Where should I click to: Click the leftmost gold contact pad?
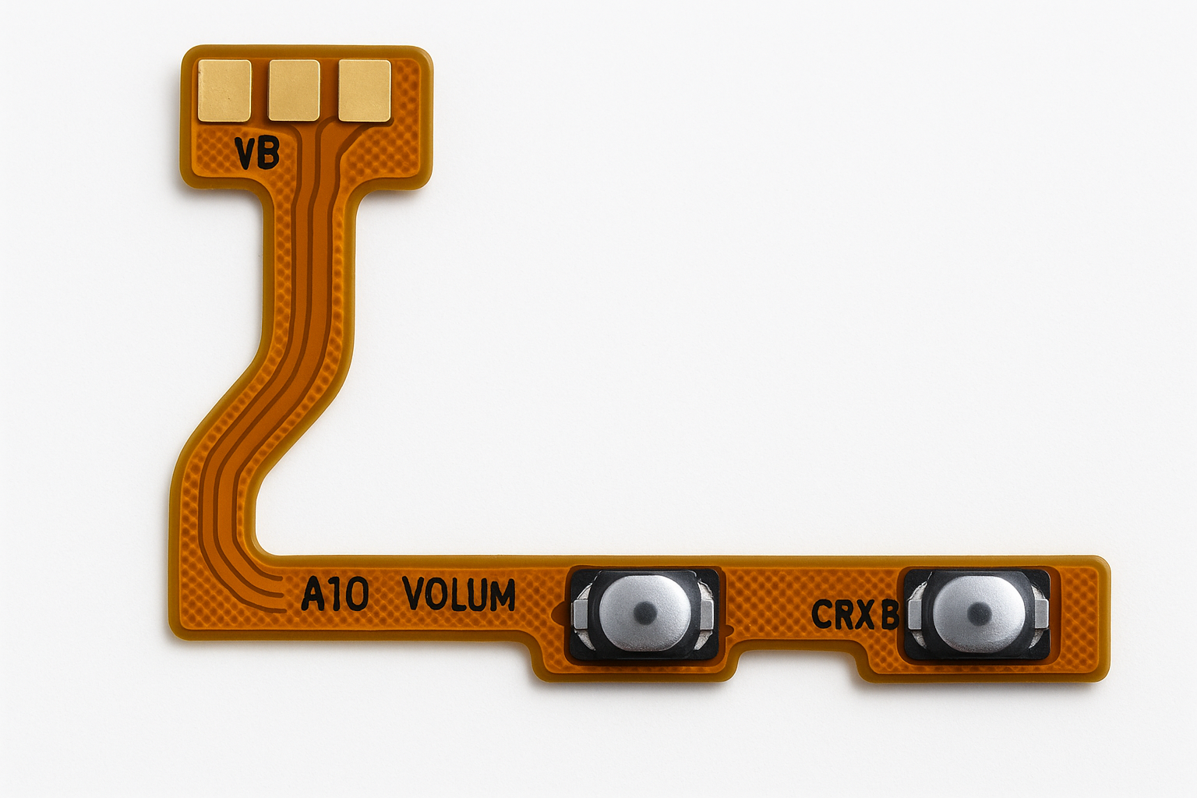(x=224, y=90)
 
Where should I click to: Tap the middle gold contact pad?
(x=294, y=90)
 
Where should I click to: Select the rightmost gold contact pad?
(x=365, y=90)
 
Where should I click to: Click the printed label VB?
(x=258, y=154)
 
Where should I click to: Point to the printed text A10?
(x=335, y=595)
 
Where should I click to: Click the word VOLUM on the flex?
(x=459, y=594)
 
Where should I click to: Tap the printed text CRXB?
(x=855, y=614)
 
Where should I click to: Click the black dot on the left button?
(x=645, y=609)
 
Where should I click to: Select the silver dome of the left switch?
(x=645, y=610)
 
